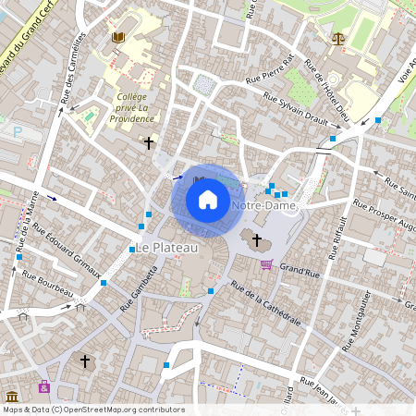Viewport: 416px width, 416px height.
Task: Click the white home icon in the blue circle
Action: point(208,200)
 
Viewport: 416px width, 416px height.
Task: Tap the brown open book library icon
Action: point(117,38)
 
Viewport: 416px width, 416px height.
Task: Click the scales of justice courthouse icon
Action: point(336,40)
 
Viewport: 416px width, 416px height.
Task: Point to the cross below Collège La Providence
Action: point(149,142)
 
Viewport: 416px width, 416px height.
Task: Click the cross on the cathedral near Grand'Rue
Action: point(257,239)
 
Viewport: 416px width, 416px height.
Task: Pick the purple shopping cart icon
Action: point(267,265)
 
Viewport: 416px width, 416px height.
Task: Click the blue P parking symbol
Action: point(17,132)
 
